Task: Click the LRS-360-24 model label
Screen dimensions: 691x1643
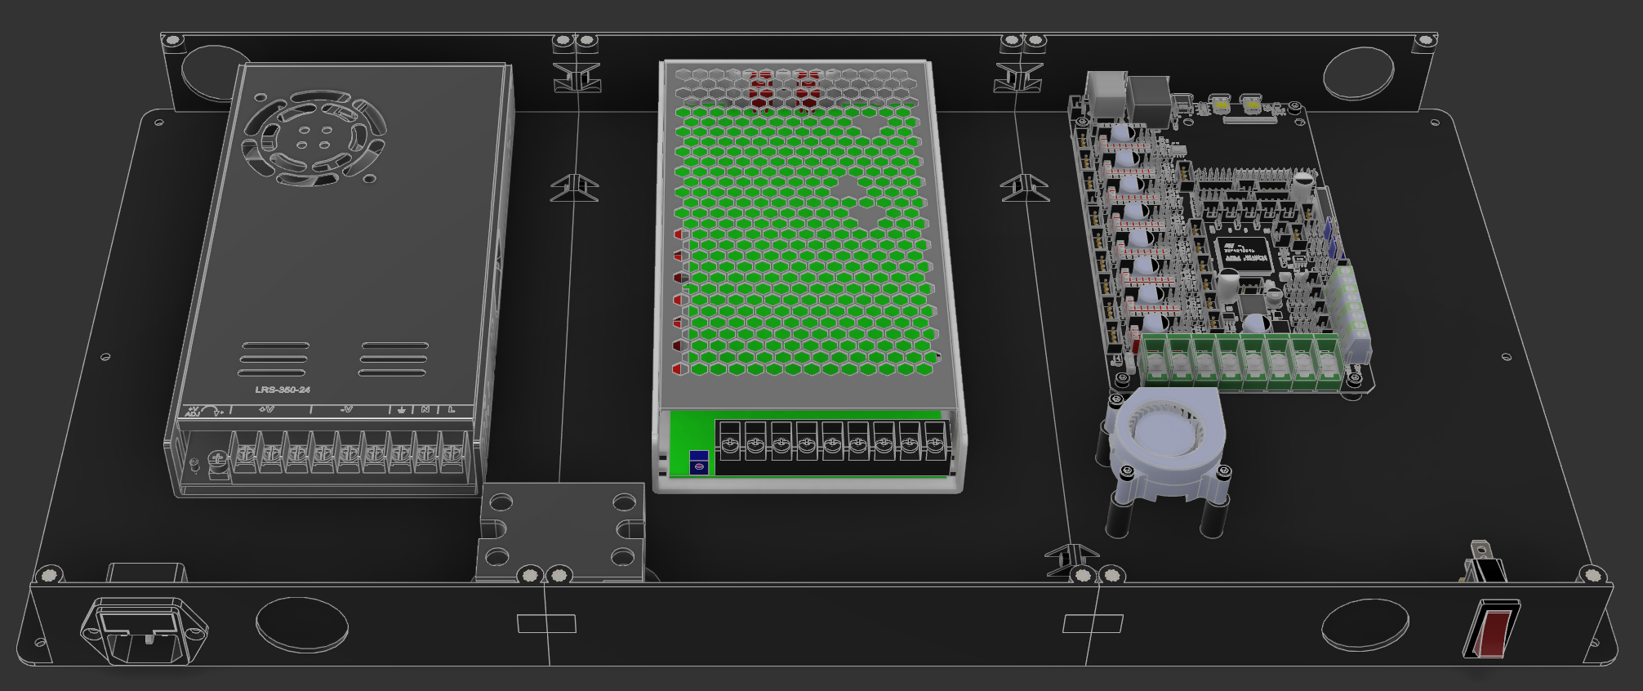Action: coord(283,390)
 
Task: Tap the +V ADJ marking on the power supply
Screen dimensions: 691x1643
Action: coord(193,411)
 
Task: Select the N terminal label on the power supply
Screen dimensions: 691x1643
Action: coord(425,409)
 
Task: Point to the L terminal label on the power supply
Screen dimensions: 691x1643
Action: coord(451,409)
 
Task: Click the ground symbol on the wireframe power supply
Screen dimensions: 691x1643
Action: coord(401,409)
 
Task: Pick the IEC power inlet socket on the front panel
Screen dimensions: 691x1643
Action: coord(144,630)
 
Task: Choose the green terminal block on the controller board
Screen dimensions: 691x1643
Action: coord(1241,359)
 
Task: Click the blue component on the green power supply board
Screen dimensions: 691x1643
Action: coord(699,461)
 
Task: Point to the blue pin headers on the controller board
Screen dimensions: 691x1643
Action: coord(1330,238)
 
